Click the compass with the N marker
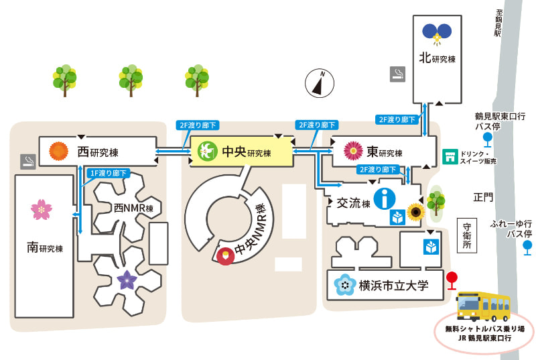(320, 83)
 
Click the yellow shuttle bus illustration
(483, 306)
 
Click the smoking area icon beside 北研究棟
(397, 74)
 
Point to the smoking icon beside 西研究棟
(28, 162)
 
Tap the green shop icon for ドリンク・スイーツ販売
(450, 157)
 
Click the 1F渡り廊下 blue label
(108, 174)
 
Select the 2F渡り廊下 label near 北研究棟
(397, 119)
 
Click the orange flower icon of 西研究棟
(59, 151)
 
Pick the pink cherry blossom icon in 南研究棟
(42, 209)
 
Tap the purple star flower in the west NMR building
(127, 280)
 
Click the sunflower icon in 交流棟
(415, 212)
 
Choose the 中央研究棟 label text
(247, 152)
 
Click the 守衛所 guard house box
(467, 235)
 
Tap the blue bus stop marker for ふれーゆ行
(527, 247)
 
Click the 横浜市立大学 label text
(393, 286)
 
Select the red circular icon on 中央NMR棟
(226, 255)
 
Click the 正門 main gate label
(483, 197)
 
